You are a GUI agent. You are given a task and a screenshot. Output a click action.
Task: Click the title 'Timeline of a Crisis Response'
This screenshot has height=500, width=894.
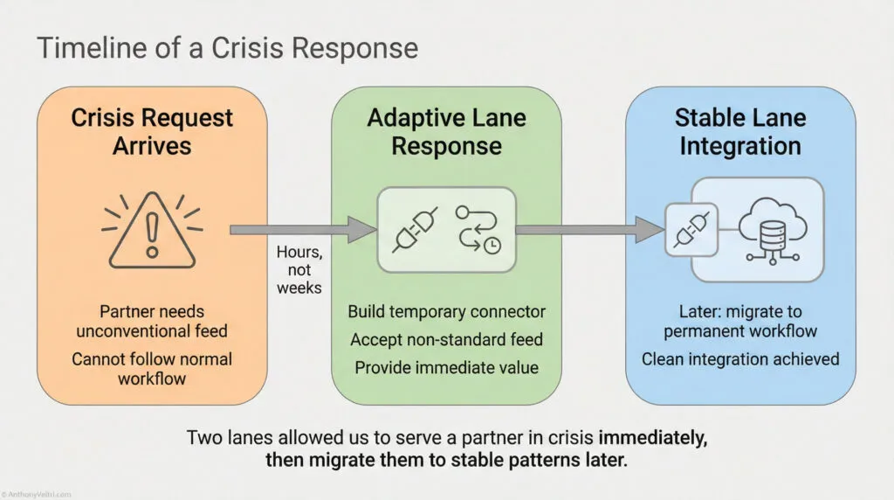tap(227, 48)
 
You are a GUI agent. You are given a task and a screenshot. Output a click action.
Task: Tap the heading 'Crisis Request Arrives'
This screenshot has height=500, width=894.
tap(152, 131)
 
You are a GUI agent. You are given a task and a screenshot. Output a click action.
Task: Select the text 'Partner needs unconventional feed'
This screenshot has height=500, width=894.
tap(152, 320)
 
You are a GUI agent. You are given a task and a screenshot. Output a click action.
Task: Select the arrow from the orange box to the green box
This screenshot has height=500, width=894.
tap(302, 230)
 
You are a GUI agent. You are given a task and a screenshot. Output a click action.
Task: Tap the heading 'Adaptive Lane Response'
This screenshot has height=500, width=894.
tap(446, 131)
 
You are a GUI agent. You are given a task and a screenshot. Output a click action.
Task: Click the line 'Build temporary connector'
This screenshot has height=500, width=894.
tap(446, 312)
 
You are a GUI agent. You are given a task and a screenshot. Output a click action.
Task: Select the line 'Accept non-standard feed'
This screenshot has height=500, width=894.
tap(446, 339)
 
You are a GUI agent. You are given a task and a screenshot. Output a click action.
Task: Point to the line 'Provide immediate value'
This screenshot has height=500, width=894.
tap(446, 367)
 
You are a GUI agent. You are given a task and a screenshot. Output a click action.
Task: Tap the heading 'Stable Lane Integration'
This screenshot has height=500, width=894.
tap(740, 131)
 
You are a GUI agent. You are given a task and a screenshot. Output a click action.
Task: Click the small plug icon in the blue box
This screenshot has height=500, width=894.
tap(691, 229)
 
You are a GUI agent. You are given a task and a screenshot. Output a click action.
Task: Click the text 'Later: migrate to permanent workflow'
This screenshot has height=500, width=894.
tap(740, 321)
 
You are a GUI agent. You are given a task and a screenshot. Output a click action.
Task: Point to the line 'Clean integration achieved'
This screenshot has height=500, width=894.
tap(740, 358)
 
